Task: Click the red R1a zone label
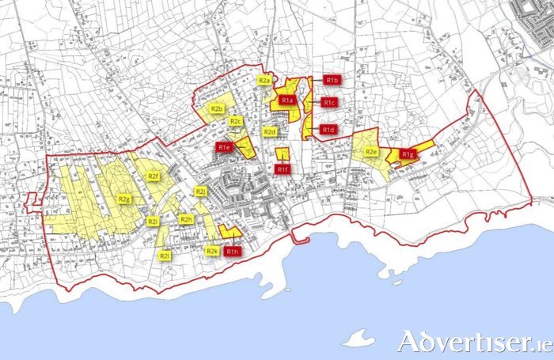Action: (x=287, y=100)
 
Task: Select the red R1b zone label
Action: (x=332, y=81)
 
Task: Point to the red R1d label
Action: (x=328, y=130)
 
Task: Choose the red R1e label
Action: (x=224, y=147)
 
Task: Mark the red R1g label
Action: (x=407, y=154)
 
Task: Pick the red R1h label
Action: (x=231, y=252)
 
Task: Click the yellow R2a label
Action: (x=265, y=81)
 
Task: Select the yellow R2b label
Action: (x=217, y=108)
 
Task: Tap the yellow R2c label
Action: (x=236, y=121)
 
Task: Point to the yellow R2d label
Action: (x=270, y=131)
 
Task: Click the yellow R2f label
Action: (x=154, y=176)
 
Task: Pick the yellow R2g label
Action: (x=124, y=199)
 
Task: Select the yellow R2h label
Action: (x=187, y=219)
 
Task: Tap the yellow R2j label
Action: (x=201, y=191)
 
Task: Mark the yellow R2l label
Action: (x=165, y=256)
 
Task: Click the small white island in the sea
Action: (x=360, y=338)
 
